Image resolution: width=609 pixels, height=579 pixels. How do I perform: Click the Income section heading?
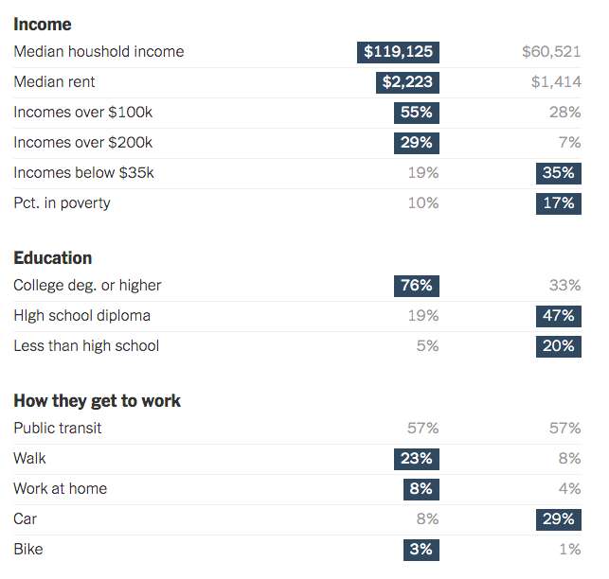click(x=42, y=24)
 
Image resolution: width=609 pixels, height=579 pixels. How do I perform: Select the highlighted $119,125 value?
click(x=398, y=52)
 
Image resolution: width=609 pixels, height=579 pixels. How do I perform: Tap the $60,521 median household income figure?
click(x=551, y=52)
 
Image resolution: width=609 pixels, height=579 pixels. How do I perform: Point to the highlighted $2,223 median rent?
click(x=407, y=82)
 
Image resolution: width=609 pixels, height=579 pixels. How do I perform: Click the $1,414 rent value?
click(x=556, y=82)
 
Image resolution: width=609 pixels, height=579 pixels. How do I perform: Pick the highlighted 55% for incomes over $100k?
click(x=417, y=113)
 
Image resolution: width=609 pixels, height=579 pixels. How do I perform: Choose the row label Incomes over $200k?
click(x=82, y=143)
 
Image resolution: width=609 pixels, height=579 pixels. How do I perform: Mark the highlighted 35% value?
click(x=559, y=173)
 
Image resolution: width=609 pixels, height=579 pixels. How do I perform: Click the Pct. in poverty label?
click(x=62, y=203)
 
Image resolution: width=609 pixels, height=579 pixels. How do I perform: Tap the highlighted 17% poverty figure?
click(x=559, y=203)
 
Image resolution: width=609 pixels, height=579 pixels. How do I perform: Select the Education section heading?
click(x=53, y=258)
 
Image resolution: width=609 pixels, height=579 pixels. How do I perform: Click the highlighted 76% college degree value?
click(x=417, y=286)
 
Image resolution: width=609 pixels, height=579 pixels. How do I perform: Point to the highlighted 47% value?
click(x=559, y=316)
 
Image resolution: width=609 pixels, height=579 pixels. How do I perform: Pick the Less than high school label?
click(x=86, y=346)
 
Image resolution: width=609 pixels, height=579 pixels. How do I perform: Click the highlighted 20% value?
click(x=559, y=346)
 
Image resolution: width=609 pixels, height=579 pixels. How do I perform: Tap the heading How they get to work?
click(x=97, y=401)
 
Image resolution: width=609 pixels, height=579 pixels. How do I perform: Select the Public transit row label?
click(x=58, y=429)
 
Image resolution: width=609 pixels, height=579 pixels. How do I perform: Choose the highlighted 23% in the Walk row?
click(x=417, y=459)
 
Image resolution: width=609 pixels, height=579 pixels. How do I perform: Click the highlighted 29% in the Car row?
click(x=559, y=519)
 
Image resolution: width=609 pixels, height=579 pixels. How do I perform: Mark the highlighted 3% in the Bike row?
click(x=421, y=550)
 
